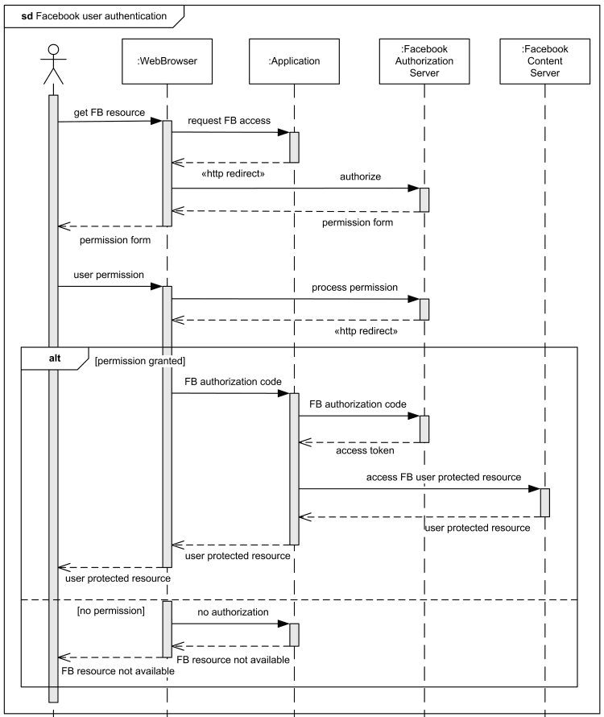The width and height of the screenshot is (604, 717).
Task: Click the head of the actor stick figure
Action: pyautogui.click(x=53, y=51)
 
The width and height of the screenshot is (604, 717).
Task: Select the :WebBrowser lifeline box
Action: pyautogui.click(x=167, y=60)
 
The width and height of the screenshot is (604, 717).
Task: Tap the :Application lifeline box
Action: pyautogui.click(x=294, y=60)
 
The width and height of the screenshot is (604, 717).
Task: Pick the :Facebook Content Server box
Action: pyautogui.click(x=544, y=60)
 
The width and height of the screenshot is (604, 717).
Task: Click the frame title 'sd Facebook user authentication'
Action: pyautogui.click(x=94, y=15)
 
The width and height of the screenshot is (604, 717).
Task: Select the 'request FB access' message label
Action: pyautogui.click(x=229, y=121)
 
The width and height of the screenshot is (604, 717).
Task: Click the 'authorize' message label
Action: pyautogui.click(x=362, y=176)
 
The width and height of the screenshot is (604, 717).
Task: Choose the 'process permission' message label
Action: pyautogui.click(x=355, y=287)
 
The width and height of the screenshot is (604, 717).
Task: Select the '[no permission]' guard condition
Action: pyautogui.click(x=110, y=611)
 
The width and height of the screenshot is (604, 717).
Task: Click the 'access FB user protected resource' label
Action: pyautogui.click(x=443, y=477)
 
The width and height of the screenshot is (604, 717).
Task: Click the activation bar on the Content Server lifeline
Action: pyautogui.click(x=545, y=502)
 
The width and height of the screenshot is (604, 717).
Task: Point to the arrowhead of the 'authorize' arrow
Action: pyautogui.click(x=414, y=189)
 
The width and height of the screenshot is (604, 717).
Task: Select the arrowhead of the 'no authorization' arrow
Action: pyautogui.click(x=284, y=624)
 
